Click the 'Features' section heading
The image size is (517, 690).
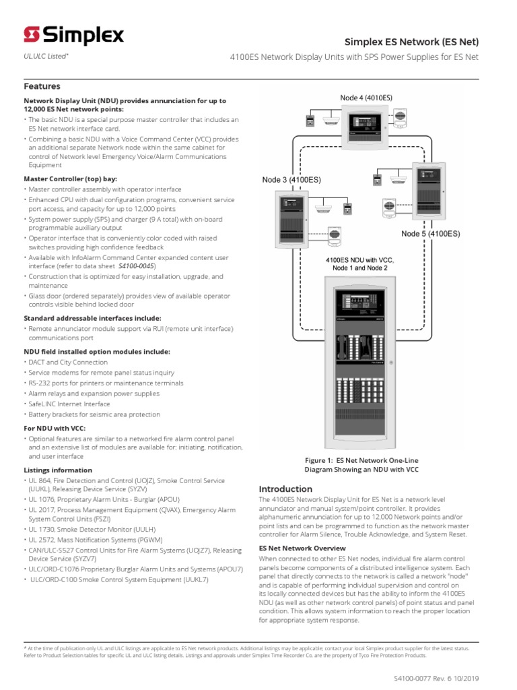click(x=42, y=86)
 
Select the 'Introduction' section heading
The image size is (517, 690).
click(x=285, y=489)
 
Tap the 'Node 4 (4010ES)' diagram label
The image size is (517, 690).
click(x=366, y=98)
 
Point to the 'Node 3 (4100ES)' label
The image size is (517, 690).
click(x=291, y=180)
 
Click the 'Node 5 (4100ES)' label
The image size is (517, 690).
click(x=431, y=234)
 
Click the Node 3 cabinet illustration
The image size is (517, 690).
click(x=291, y=219)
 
